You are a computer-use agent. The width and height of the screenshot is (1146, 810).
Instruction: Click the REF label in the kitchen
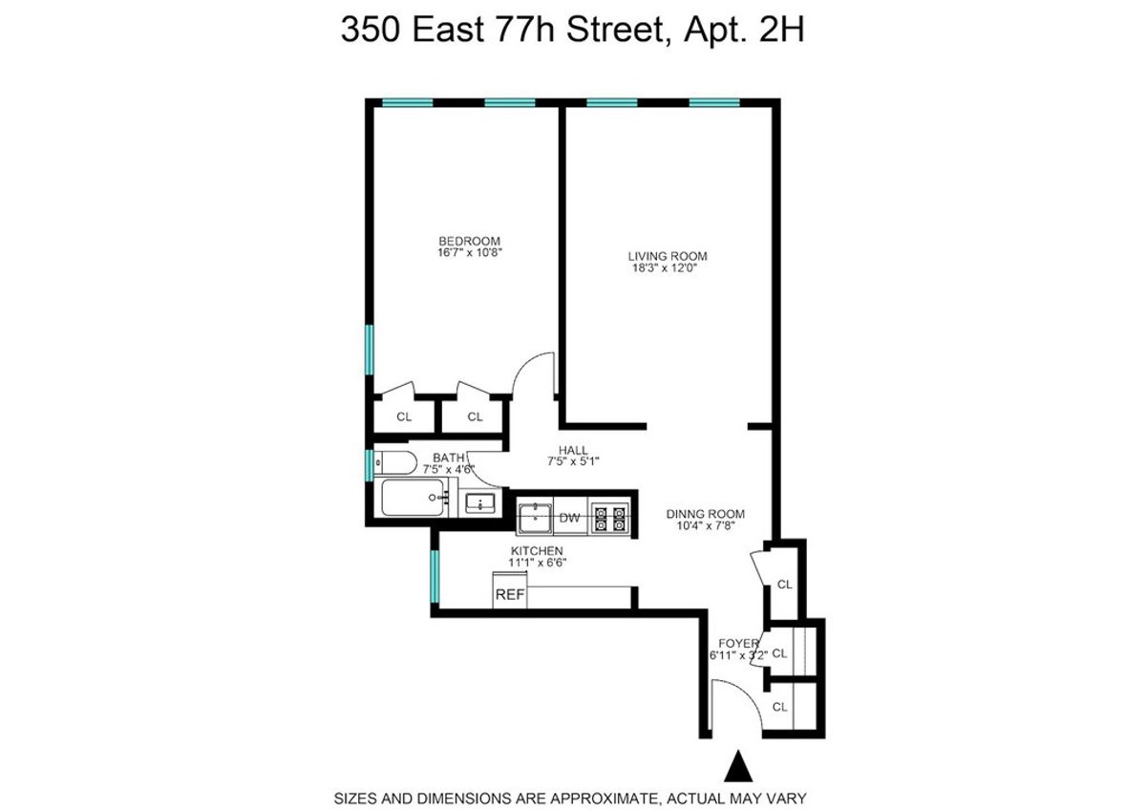tap(509, 594)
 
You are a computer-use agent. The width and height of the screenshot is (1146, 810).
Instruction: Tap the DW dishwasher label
tap(570, 519)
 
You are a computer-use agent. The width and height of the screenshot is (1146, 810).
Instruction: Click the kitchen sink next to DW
tap(535, 519)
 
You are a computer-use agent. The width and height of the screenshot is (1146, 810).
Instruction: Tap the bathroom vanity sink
tap(478, 502)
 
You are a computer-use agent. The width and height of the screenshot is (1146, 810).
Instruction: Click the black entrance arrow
tap(736, 767)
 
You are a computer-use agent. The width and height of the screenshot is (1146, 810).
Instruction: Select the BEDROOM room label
tap(469, 241)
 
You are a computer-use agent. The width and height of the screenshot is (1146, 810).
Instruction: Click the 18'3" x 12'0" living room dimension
tap(668, 268)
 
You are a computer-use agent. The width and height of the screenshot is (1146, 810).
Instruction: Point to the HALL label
tap(574, 450)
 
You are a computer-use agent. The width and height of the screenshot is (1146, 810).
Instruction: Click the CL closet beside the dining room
tap(784, 585)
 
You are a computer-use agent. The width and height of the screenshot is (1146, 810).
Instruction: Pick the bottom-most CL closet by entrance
tap(780, 707)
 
